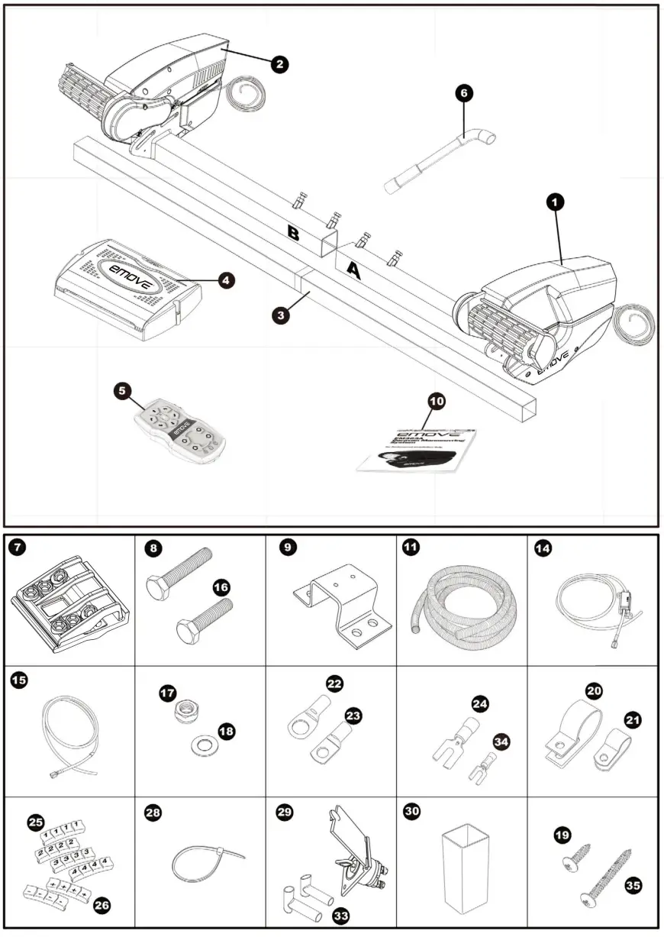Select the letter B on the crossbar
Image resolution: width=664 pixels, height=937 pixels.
294,233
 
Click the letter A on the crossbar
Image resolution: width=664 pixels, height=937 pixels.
353,270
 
